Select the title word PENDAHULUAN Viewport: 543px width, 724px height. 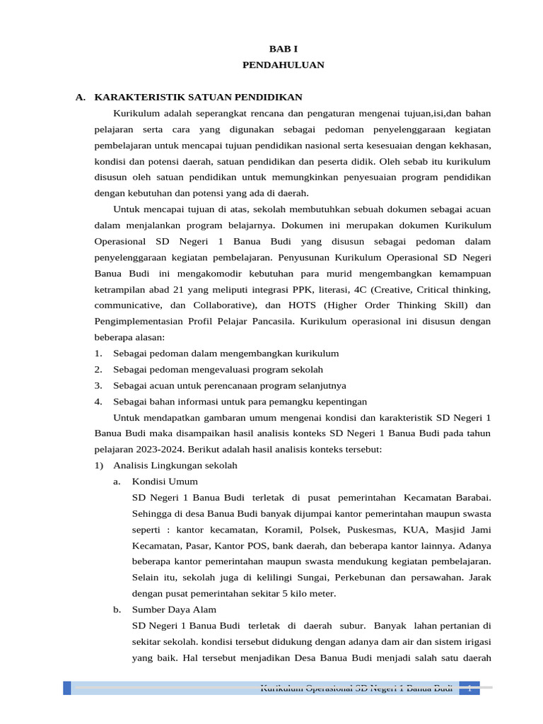tap(283, 64)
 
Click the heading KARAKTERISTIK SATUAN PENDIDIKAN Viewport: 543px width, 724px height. tap(198, 97)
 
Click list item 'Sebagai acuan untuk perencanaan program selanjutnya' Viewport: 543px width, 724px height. tap(229, 385)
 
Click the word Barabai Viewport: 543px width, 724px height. tap(470, 498)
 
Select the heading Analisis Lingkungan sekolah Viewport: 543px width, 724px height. tap(175, 465)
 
